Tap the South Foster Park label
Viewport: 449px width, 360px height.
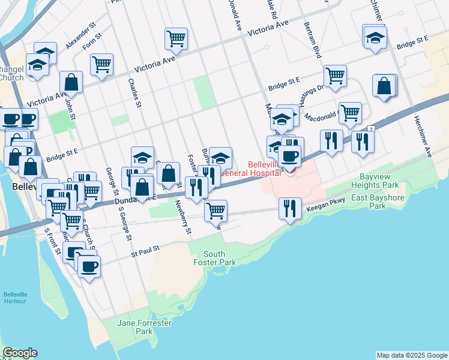pyautogui.click(x=215, y=258)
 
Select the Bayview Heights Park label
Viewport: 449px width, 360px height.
pyautogui.click(x=383, y=181)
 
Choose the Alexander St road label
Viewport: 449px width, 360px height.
pyautogui.click(x=81, y=37)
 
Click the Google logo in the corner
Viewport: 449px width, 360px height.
pyautogui.click(x=20, y=353)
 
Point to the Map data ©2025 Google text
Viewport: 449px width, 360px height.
pyautogui.click(x=411, y=355)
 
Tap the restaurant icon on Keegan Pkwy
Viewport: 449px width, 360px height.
pyautogui.click(x=291, y=209)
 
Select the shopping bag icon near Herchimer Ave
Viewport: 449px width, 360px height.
pyautogui.click(x=384, y=86)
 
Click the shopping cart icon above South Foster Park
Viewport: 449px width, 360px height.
pyautogui.click(x=215, y=211)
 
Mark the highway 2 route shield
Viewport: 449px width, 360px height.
pyautogui.click(x=372, y=129)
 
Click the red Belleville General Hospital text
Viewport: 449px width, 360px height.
pyautogui.click(x=264, y=169)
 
